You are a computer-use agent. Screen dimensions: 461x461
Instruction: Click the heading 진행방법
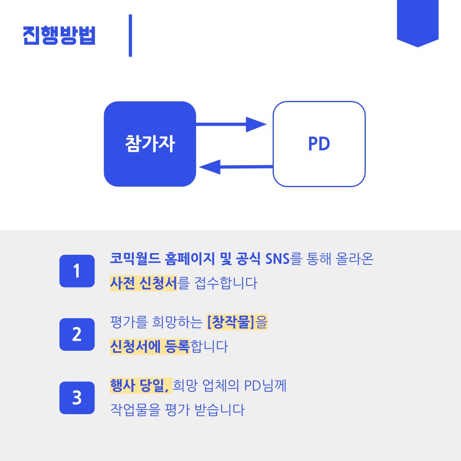click(59, 35)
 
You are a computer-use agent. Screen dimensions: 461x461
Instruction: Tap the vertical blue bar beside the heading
click(130, 35)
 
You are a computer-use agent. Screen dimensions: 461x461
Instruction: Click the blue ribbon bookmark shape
click(417, 22)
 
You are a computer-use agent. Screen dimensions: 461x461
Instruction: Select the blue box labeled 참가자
click(150, 144)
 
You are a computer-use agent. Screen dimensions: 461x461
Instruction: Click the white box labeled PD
click(319, 144)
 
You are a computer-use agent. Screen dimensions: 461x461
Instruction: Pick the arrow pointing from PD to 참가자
click(236, 167)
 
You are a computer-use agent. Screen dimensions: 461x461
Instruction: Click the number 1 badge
click(77, 271)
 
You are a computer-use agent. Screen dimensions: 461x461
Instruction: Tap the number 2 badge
click(77, 334)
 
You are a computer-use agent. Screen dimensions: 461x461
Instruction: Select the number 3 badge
click(77, 398)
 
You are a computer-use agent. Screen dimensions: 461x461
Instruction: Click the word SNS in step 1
click(277, 259)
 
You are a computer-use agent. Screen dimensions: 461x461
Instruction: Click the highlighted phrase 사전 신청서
click(144, 283)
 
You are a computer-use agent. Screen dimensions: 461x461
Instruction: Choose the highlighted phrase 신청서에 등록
click(150, 346)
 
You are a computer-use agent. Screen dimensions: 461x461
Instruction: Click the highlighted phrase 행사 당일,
click(140, 385)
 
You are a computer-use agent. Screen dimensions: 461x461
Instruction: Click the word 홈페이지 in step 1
click(190, 259)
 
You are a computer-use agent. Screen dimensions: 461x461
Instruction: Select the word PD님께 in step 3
click(265, 385)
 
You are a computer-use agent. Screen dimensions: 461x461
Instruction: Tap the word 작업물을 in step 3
click(135, 410)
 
